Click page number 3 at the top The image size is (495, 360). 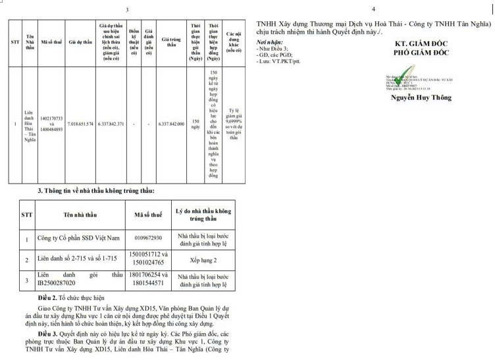coord(127,10)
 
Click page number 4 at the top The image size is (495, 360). coord(373,10)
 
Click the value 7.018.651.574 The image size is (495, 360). coord(80,124)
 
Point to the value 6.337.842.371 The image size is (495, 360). coord(110,124)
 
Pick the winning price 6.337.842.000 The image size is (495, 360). coord(171,124)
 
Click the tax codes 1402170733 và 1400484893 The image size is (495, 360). coord(51,124)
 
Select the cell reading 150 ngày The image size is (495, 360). coord(195,124)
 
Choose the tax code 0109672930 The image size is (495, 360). coord(148,238)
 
